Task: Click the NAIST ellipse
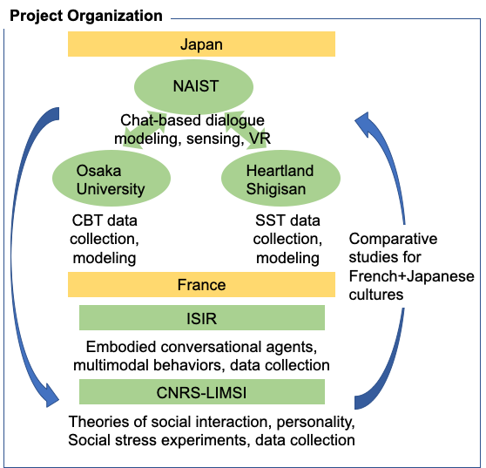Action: tap(193, 86)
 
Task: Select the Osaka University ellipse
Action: tap(111, 178)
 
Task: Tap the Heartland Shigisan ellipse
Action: tap(280, 178)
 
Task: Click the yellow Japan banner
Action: tap(201, 44)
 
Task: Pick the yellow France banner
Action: tap(201, 285)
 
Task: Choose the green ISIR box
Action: tap(202, 317)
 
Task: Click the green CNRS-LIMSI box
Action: tap(202, 391)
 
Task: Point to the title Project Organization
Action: tap(86, 16)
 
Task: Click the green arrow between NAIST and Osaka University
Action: tap(145, 130)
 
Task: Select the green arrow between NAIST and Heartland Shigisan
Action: tap(246, 130)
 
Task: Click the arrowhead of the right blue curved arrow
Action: tap(363, 124)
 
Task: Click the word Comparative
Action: tap(393, 239)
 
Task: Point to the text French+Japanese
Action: tap(412, 275)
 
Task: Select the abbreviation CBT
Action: tap(87, 220)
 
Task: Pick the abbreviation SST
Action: tap(270, 220)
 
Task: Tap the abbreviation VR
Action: tap(260, 139)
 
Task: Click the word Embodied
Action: tap(121, 347)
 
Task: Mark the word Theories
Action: tap(103, 422)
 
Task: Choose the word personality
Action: tap(315, 423)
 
